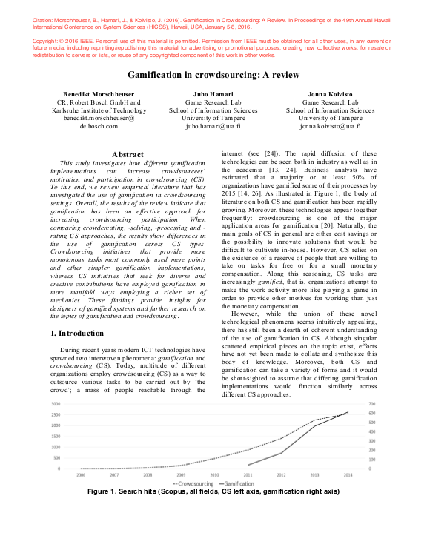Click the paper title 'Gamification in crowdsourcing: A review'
coord(213,76)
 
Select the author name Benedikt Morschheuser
coord(99,96)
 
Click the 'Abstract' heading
coord(126,154)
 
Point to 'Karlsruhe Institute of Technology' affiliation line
coord(99,110)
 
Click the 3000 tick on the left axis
coord(55,404)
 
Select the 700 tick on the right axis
coord(373,404)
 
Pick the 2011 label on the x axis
coord(248,474)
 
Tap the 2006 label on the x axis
coord(80,474)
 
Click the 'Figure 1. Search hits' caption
coord(213,491)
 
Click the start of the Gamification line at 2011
coord(248,465)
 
